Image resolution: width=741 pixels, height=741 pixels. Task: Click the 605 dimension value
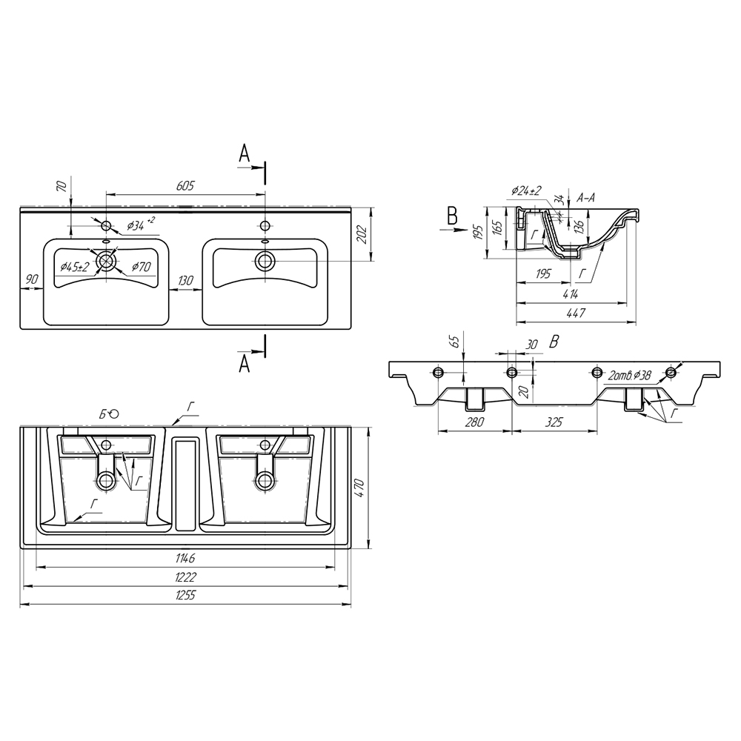[x=185, y=186]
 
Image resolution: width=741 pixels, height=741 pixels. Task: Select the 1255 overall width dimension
[x=185, y=595]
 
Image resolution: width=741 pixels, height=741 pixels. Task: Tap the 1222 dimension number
[x=185, y=577]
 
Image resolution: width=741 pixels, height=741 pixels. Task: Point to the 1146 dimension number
[x=185, y=559]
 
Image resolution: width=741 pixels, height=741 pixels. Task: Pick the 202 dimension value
[x=362, y=234]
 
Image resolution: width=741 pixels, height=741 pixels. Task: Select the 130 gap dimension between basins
[x=186, y=280]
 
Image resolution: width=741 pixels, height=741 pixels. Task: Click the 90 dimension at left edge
[x=31, y=279]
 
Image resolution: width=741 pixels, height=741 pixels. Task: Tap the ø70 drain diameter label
[x=141, y=267]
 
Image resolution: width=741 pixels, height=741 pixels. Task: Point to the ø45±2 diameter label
[x=75, y=267]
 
